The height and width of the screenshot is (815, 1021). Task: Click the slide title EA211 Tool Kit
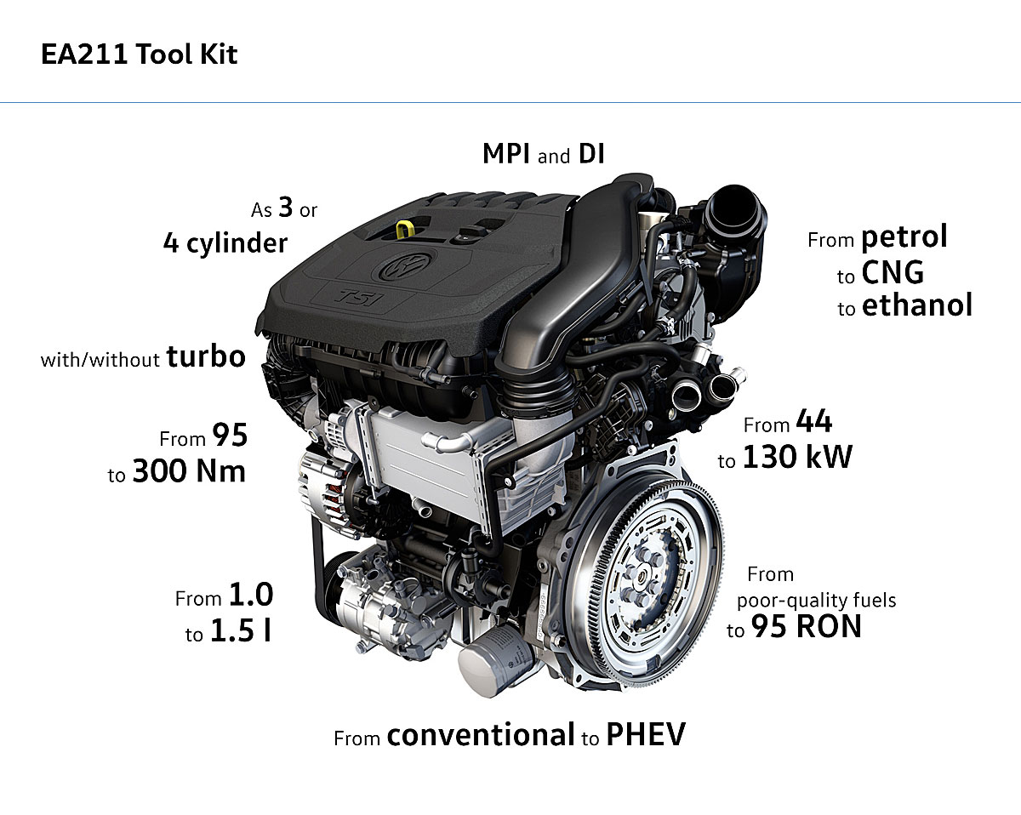pyautogui.click(x=139, y=54)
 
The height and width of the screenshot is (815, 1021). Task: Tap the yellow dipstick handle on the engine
pyautogui.click(x=404, y=229)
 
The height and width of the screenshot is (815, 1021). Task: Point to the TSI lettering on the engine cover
pyautogui.click(x=359, y=298)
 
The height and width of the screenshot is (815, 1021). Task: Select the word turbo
pyautogui.click(x=206, y=356)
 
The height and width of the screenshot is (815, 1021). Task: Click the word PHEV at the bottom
pyautogui.click(x=646, y=735)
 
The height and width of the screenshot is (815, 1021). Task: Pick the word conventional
pyautogui.click(x=481, y=735)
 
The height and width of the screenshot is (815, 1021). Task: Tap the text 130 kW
pyautogui.click(x=797, y=458)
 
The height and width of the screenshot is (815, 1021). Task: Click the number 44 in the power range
pyautogui.click(x=813, y=421)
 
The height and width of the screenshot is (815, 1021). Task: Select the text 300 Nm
pyautogui.click(x=189, y=471)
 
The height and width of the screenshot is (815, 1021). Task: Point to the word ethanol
pyautogui.click(x=917, y=305)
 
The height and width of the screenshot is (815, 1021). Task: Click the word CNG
pyautogui.click(x=893, y=272)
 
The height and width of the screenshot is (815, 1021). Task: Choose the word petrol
pyautogui.click(x=904, y=237)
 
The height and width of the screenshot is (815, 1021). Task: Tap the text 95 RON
pyautogui.click(x=806, y=626)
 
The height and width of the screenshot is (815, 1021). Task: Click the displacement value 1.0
pyautogui.click(x=251, y=595)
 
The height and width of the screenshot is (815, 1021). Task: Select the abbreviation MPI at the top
pyautogui.click(x=505, y=154)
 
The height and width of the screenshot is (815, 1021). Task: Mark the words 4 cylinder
pyautogui.click(x=225, y=243)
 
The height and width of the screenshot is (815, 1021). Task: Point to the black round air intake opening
pyautogui.click(x=736, y=212)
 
